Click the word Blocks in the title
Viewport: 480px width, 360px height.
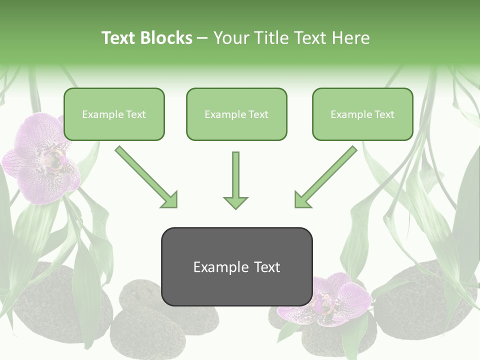click(167, 38)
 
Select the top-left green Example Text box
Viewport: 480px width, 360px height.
click(114, 114)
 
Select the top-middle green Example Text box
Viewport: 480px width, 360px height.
click(236, 114)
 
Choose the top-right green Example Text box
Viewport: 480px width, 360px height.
click(362, 114)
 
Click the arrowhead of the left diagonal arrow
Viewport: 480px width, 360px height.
click(170, 200)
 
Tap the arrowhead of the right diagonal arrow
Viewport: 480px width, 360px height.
click(302, 200)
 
